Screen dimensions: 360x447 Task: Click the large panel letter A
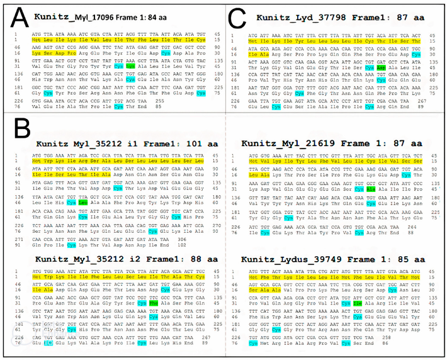click(15, 16)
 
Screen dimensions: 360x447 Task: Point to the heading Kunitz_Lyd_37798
click(295, 20)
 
